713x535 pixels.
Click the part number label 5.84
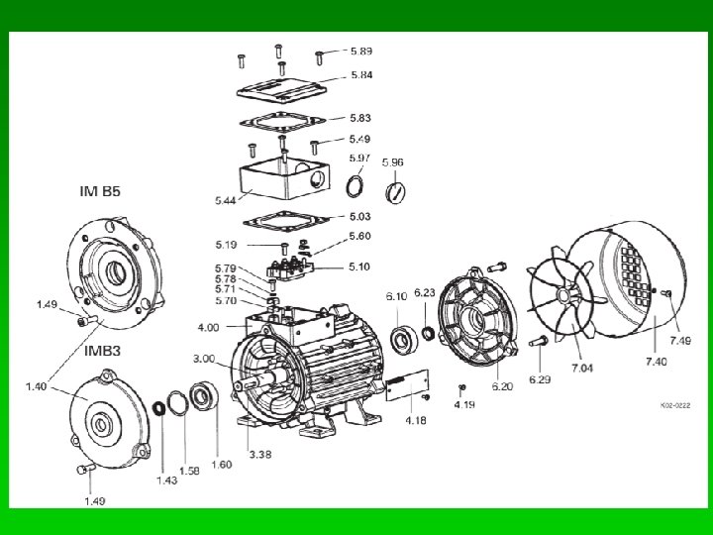tap(361, 75)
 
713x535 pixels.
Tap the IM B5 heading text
tap(100, 191)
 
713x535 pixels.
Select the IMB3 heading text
tap(103, 351)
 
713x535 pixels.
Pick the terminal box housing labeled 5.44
tap(284, 178)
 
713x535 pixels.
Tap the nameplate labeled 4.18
tap(407, 384)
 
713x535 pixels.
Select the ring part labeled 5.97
tap(355, 186)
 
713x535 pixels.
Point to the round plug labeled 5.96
tap(395, 192)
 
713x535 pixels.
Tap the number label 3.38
tap(260, 454)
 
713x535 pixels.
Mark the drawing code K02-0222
tap(675, 405)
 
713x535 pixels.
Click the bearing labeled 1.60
tap(203, 396)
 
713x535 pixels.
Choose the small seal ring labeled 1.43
tap(158, 408)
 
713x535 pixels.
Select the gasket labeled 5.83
tap(282, 122)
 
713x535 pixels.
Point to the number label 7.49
tap(680, 340)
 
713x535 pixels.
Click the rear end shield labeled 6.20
tap(477, 317)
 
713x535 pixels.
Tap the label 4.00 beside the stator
tap(208, 328)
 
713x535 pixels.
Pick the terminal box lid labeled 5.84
tap(281, 90)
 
